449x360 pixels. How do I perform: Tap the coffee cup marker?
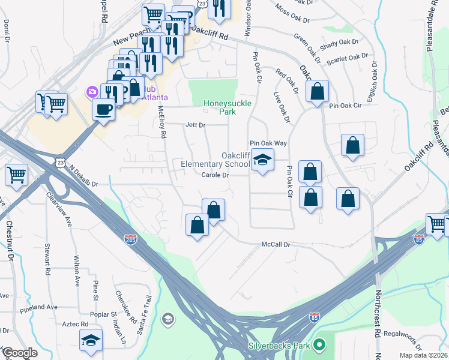(103, 110)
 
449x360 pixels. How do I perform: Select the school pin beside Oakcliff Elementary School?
(262, 160)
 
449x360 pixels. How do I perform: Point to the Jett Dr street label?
(195, 125)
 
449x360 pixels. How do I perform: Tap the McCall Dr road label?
(276, 245)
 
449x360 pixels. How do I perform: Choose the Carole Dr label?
(215, 175)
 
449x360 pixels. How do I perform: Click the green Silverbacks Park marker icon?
(319, 346)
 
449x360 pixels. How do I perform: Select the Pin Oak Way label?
(268, 143)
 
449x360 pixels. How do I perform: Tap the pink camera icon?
(92, 92)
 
